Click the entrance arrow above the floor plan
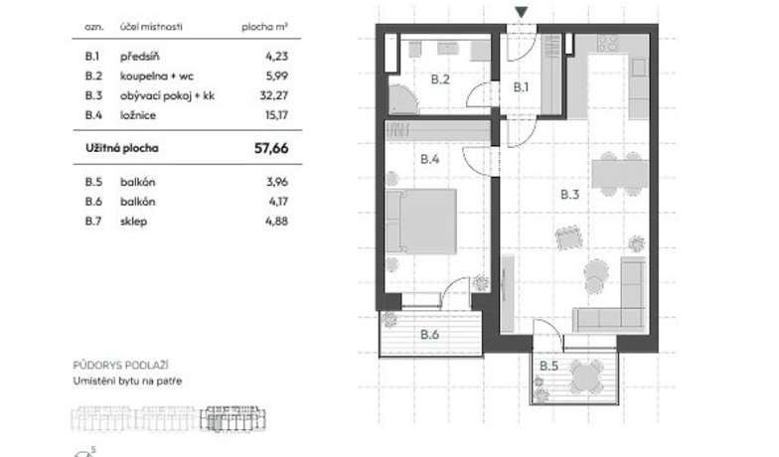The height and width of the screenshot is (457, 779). tap(521, 12)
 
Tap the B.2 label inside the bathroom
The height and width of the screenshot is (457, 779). tap(440, 79)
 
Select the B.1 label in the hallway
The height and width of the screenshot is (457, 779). tap(521, 87)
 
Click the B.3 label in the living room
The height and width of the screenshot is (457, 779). tap(570, 195)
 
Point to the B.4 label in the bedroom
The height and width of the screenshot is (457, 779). tap(429, 159)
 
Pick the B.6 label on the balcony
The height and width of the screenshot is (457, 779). tap(429, 334)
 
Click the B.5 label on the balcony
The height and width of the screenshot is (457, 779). tap(548, 366)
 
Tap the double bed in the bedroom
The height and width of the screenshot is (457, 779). tap(421, 222)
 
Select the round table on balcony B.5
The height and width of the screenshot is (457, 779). tap(586, 378)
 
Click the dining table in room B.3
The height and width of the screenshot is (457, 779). tap(620, 174)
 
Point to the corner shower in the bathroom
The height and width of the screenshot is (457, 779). tap(403, 98)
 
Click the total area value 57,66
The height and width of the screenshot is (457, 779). tap(271, 148)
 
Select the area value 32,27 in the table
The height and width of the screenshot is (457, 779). tap(274, 95)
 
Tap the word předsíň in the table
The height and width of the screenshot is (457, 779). tap(139, 56)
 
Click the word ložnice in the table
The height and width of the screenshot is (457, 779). tap(138, 115)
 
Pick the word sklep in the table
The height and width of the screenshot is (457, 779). tap(133, 222)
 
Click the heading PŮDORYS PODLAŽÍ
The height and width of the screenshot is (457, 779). tap(121, 366)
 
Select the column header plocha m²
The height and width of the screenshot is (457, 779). tap(264, 27)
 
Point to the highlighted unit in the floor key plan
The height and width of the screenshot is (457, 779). tap(233, 419)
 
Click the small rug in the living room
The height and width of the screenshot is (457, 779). tap(568, 238)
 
